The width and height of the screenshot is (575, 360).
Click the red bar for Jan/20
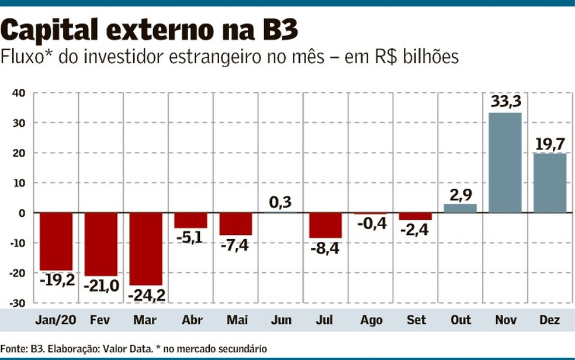56,241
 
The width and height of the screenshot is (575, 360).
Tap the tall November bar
505,162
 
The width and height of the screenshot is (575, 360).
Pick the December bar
550,183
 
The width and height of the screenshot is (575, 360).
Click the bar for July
325,225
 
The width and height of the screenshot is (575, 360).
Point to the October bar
460,208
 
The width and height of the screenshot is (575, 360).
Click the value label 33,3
505,102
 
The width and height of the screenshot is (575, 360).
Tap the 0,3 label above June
280,202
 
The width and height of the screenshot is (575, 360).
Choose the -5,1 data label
191,237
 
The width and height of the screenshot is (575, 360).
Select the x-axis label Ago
372,320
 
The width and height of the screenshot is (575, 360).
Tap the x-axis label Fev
101,320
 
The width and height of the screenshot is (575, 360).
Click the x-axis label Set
416,320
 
